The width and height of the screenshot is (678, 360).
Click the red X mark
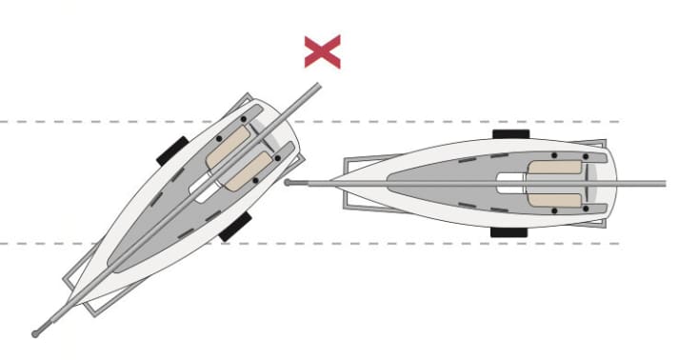323,51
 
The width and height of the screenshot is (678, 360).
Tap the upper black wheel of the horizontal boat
510,135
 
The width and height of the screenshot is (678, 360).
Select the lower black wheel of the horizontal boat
509,231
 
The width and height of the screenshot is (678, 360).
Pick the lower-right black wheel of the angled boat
234,227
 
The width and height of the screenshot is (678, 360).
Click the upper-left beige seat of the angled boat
228,144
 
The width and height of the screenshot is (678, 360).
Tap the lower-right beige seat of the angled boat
250,169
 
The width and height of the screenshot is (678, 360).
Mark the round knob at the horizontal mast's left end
288,181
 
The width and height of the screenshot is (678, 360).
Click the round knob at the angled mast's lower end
35,333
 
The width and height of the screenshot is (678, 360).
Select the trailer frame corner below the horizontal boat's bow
347,206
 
